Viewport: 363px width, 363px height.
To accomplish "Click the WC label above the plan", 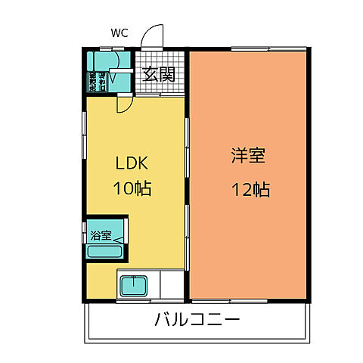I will tap(119, 33).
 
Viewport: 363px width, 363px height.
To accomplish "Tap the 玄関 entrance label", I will tap(160, 74).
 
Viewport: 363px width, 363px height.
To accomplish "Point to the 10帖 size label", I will tap(132, 188).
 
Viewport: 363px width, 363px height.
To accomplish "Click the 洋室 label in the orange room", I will tap(249, 157).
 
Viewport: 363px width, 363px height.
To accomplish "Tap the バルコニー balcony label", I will tap(198, 320).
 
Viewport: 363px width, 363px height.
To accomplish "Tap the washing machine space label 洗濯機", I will tap(93, 80).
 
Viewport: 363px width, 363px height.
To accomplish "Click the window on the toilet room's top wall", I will tap(110, 51).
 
